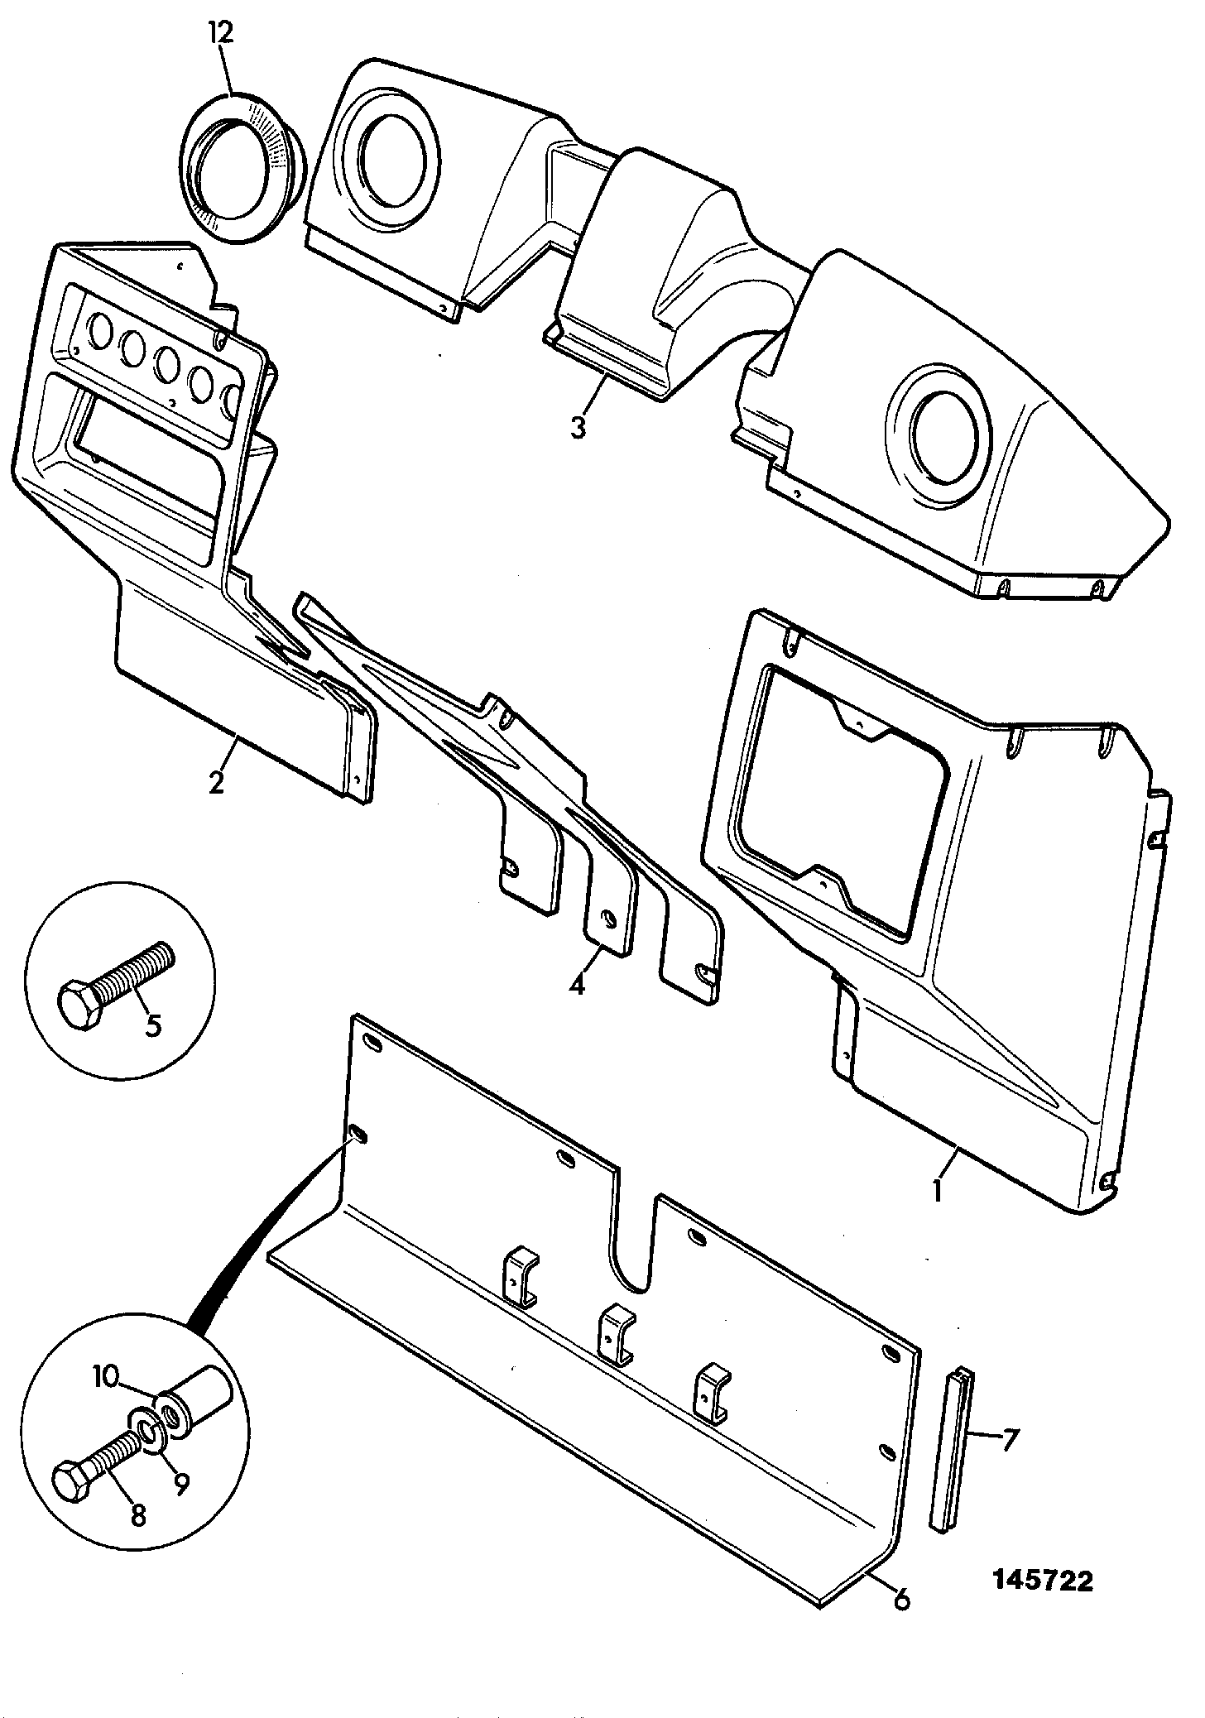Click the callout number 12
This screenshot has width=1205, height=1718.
point(221,33)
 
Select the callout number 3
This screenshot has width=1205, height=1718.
point(578,428)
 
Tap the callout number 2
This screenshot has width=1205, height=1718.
point(216,781)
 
